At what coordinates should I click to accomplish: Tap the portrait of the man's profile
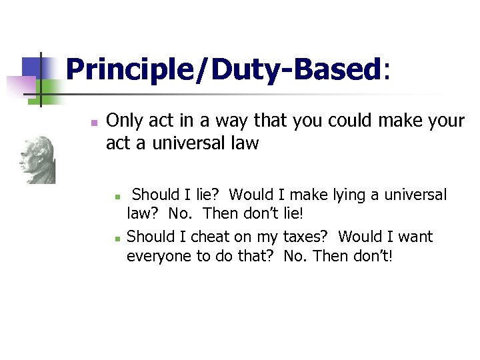[36, 160]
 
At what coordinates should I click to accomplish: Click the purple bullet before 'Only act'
[94, 123]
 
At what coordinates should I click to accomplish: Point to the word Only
[123, 121]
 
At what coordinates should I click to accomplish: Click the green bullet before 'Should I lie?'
[117, 197]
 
